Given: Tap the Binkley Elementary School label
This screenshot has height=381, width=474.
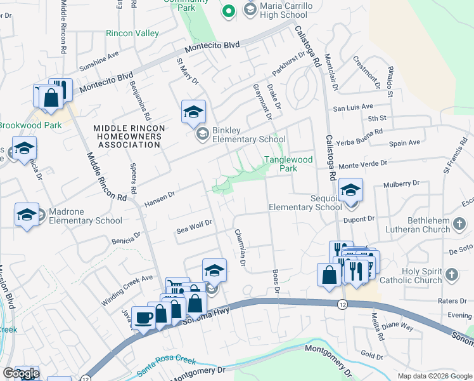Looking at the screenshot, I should tap(248, 135).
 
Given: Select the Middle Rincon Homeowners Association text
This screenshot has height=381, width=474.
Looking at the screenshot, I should tap(129, 137).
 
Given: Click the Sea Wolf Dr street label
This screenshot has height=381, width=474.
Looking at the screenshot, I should tap(193, 226).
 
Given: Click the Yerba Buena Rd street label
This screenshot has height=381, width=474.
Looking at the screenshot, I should tap(361, 135).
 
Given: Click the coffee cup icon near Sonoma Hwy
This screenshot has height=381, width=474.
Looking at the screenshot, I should tap(143, 317).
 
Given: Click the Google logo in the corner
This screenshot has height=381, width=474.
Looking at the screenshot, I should tap(21, 374).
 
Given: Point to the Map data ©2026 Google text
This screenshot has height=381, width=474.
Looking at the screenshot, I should tap(434, 376).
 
